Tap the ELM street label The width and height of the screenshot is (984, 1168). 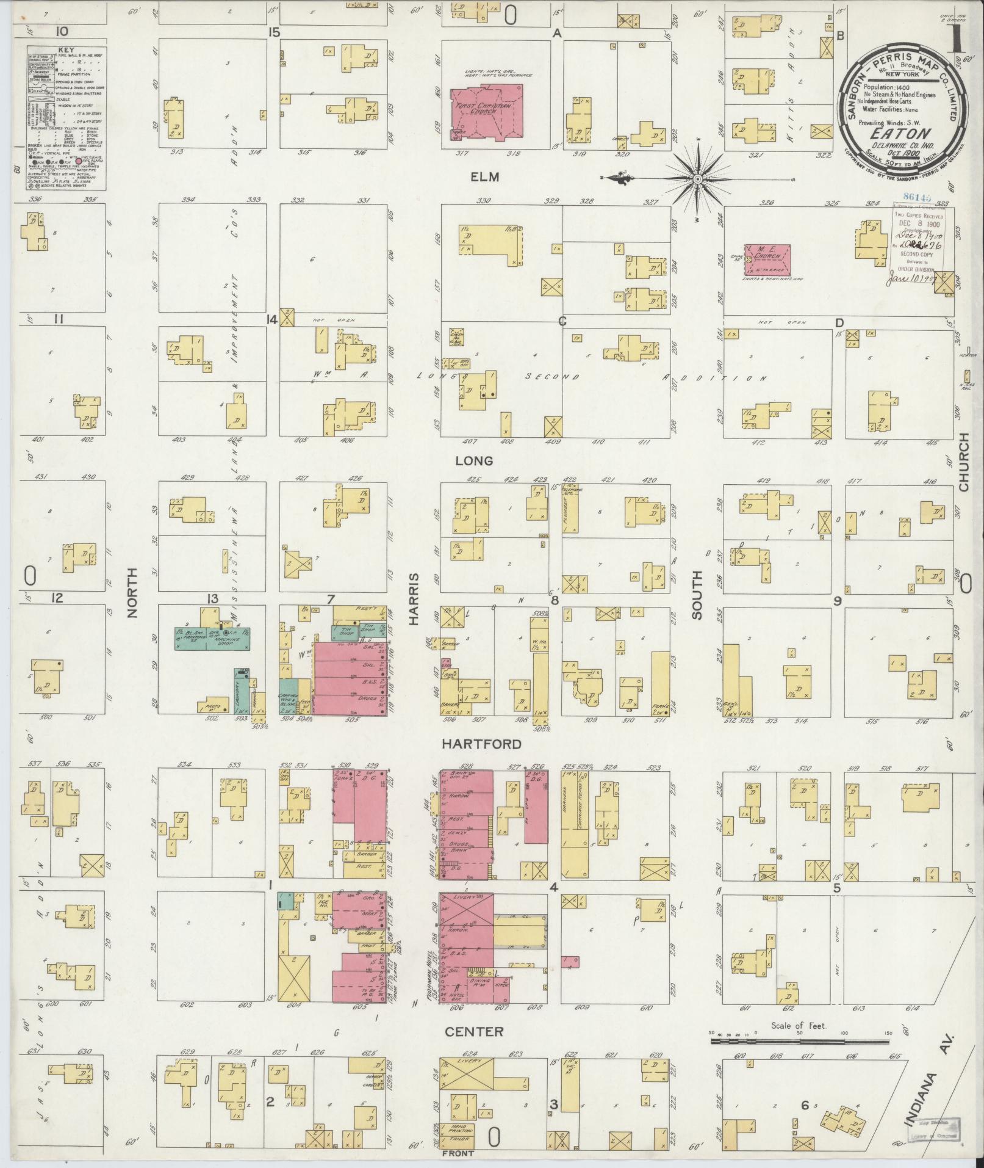click(485, 177)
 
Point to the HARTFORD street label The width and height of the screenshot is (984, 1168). click(481, 744)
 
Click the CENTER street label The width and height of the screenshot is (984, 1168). click(483, 1031)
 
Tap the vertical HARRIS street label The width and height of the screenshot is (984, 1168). click(414, 598)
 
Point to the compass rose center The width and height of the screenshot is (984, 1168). click(698, 179)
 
